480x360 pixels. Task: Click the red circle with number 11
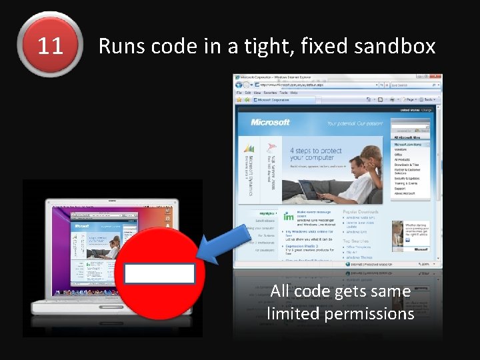point(50,45)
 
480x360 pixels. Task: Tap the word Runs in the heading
point(122,46)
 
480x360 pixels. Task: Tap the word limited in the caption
point(289,313)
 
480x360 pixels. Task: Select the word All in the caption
point(280,291)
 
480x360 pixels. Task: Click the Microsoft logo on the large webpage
point(270,123)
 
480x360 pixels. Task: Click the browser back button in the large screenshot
point(239,85)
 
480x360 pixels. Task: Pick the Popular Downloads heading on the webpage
point(366,212)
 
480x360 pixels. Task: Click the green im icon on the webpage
point(288,217)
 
